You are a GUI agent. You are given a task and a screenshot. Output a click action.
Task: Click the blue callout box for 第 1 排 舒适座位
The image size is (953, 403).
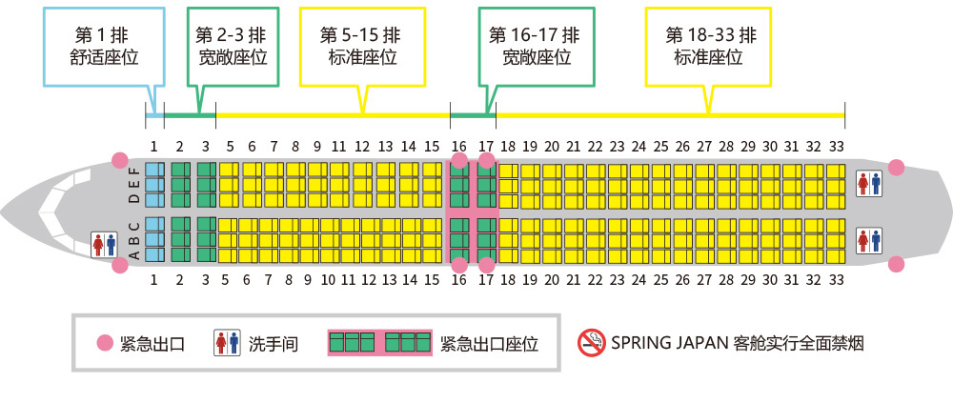[105, 46]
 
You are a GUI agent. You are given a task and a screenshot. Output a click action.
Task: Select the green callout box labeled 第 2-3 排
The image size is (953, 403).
[233, 46]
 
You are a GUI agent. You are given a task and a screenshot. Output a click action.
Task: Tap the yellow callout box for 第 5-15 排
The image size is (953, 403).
[362, 46]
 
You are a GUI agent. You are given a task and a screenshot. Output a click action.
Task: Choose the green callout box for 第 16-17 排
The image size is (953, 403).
[536, 46]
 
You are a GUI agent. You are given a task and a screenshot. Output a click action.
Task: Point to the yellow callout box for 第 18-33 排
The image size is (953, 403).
[708, 46]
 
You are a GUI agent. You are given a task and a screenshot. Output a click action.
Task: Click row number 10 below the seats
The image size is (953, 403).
[328, 280]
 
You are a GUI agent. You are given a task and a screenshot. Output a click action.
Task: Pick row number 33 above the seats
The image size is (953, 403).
[837, 147]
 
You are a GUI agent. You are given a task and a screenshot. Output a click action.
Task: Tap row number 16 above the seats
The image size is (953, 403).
[459, 147]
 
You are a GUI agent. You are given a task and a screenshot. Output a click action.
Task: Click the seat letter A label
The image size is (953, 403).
[135, 254]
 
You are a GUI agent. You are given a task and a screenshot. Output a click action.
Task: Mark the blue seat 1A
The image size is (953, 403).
[155, 254]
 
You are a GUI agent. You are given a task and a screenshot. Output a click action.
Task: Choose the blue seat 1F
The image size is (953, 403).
[155, 170]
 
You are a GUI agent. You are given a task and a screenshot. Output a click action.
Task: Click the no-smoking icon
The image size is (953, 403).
[592, 343]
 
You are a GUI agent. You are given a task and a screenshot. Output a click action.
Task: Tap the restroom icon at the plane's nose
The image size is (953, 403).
[104, 244]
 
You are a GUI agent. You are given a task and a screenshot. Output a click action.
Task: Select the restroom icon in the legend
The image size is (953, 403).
[228, 343]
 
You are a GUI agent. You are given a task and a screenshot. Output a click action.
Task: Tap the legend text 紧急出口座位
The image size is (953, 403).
[489, 343]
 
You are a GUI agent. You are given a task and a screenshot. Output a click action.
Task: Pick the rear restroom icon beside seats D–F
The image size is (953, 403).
[869, 184]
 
